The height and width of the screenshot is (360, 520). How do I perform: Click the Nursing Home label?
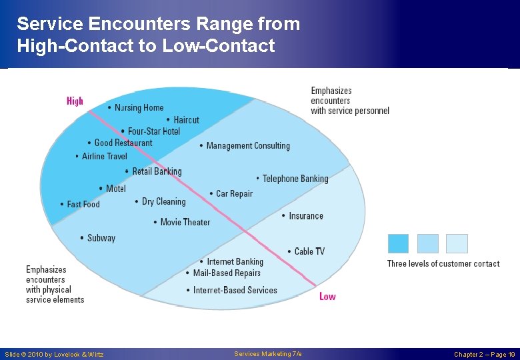(x=139, y=108)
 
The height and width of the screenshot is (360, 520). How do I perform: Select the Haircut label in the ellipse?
(x=186, y=120)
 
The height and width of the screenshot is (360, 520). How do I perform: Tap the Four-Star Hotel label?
(x=153, y=131)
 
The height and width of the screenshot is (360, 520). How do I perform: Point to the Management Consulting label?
(x=247, y=145)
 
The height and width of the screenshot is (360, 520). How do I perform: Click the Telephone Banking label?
(x=295, y=179)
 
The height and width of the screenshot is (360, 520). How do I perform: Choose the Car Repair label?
(x=234, y=193)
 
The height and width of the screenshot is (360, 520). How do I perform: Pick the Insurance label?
(x=305, y=216)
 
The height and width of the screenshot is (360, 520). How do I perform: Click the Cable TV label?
(x=309, y=251)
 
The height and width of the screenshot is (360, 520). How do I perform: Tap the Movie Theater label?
(x=185, y=222)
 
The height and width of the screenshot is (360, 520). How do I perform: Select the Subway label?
(x=101, y=238)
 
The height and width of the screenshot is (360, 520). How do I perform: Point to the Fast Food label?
(x=83, y=204)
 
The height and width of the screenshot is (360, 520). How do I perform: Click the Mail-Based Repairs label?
(x=226, y=273)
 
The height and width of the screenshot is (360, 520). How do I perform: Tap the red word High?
(x=75, y=101)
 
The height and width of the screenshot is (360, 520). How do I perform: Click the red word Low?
(x=327, y=296)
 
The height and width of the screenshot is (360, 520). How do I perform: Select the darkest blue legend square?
(x=398, y=243)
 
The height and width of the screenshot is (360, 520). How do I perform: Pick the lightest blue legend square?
(x=457, y=243)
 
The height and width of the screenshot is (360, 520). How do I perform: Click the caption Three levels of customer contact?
(x=443, y=263)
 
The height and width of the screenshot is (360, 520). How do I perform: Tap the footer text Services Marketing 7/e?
(x=268, y=354)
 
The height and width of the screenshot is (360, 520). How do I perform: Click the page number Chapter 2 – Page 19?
(x=484, y=355)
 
